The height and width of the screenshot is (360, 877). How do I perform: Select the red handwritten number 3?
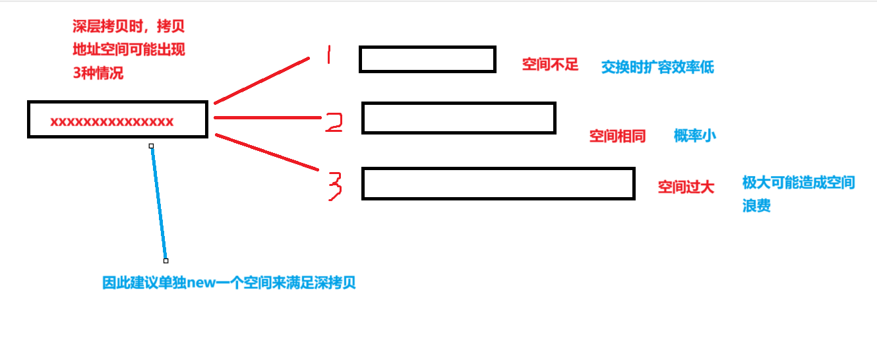(335, 185)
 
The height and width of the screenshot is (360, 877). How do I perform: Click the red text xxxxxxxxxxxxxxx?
(112, 121)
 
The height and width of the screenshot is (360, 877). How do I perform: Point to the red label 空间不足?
(550, 65)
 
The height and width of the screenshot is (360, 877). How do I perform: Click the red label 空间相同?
(617, 136)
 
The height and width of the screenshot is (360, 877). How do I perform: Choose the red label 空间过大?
(686, 187)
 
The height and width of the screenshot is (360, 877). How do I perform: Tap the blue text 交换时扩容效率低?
(657, 67)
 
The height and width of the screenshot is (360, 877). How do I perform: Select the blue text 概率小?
(694, 136)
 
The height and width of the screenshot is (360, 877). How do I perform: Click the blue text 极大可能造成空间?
(798, 183)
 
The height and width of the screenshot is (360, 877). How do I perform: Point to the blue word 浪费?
(756, 206)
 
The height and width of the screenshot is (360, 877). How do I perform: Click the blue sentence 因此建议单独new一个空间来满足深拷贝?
(229, 284)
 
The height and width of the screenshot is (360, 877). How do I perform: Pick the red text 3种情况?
(98, 73)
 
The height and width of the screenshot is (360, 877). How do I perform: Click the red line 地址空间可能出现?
(133, 49)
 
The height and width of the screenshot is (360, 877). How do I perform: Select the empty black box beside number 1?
(427, 59)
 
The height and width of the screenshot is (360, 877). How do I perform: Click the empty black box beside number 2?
(459, 118)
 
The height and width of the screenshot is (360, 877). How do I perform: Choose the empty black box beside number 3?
(498, 183)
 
